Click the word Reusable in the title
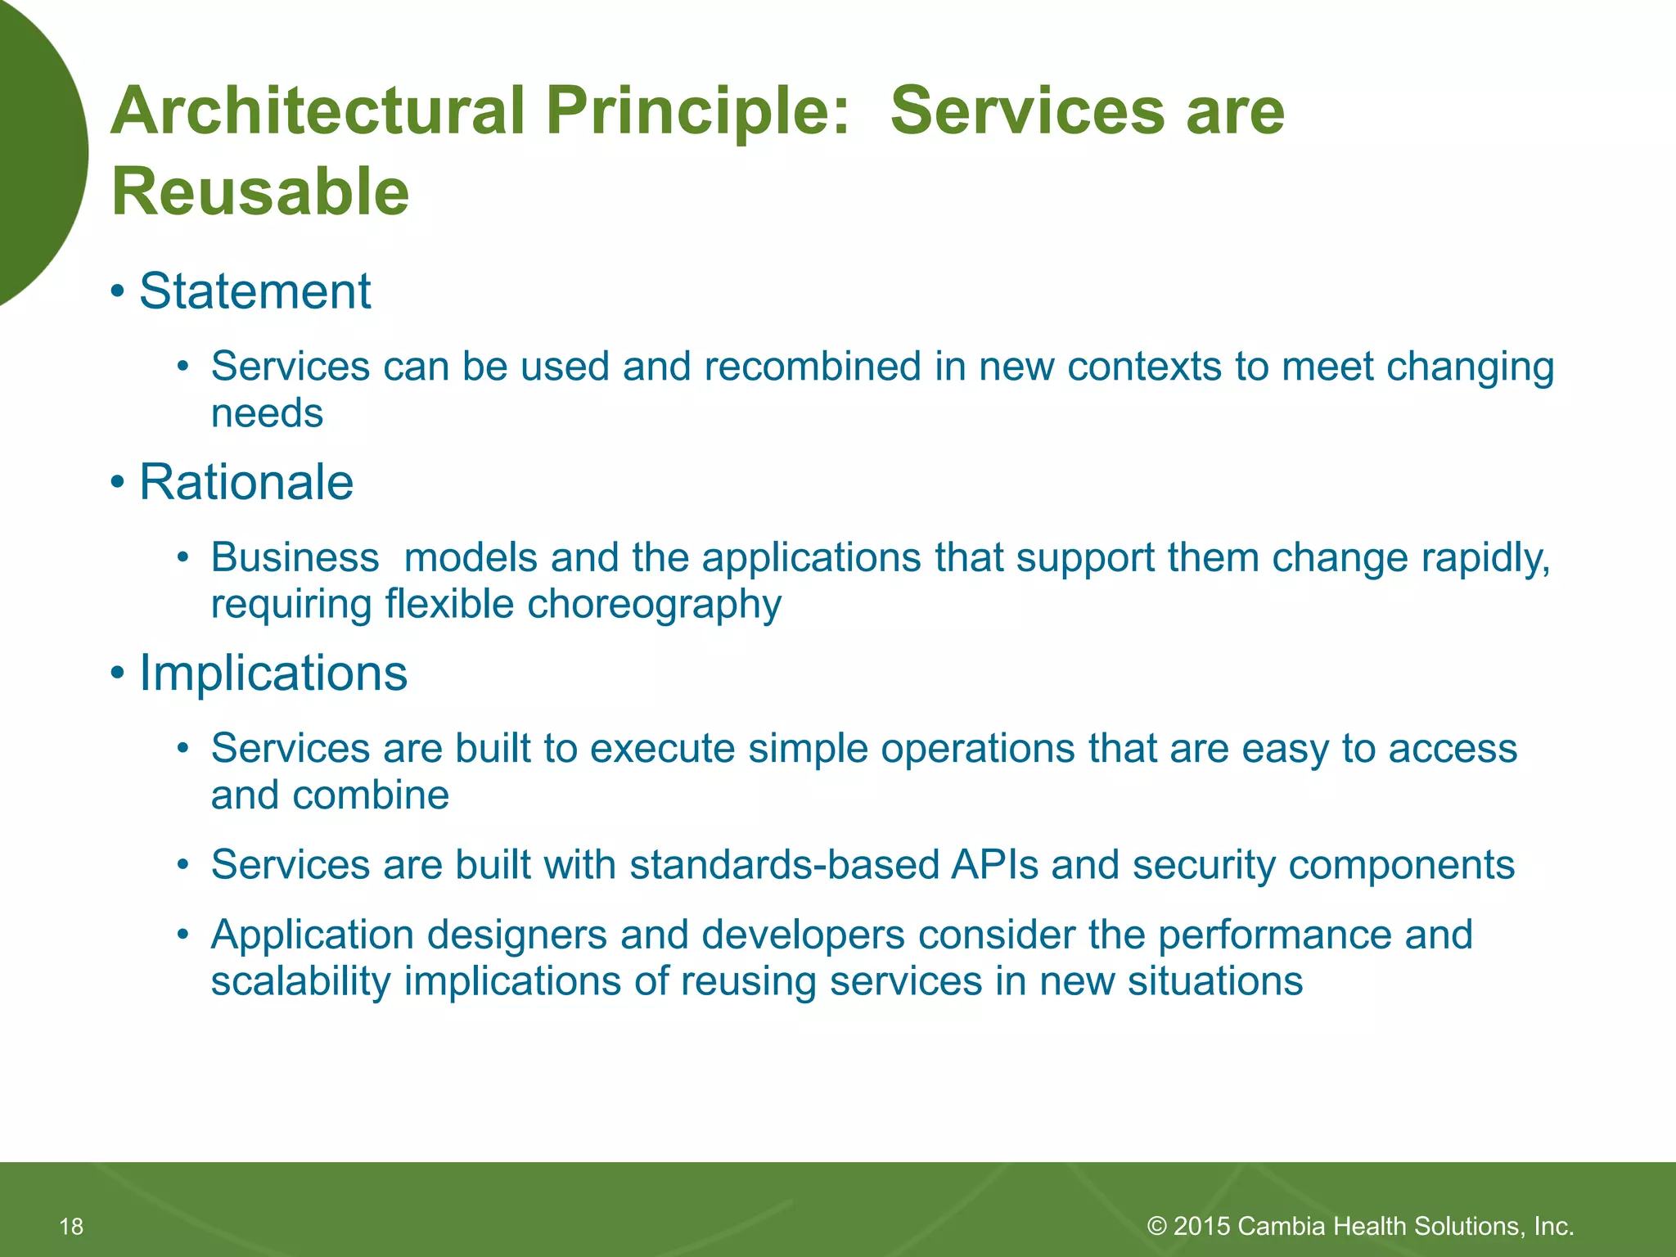pyautogui.click(x=260, y=192)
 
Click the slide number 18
pyautogui.click(x=71, y=1226)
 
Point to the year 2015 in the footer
pyautogui.click(x=1202, y=1226)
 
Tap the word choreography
pyautogui.click(x=654, y=605)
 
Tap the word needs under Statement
pyautogui.click(x=267, y=413)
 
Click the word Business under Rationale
pyautogui.click(x=295, y=558)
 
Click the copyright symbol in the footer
pyautogui.click(x=1157, y=1226)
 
